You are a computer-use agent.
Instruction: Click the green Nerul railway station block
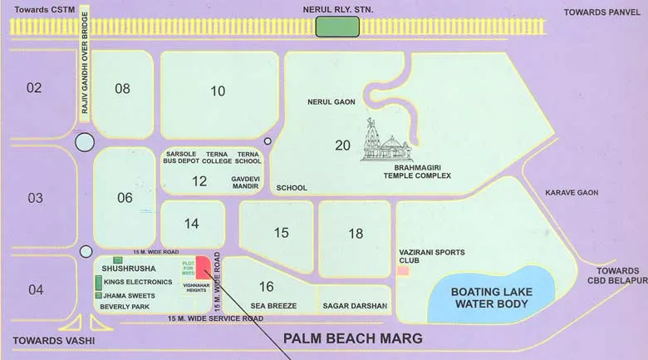pos(337,27)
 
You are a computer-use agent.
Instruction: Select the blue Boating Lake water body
pos(490,297)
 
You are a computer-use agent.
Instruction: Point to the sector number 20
pos(342,145)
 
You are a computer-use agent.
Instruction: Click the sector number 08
pos(122,89)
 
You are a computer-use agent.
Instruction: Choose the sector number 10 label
pos(218,91)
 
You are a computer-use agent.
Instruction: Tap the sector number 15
pos(281,233)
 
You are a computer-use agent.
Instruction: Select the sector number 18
pos(356,234)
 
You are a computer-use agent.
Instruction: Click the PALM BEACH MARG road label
pos(353,338)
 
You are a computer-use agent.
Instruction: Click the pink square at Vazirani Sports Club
pos(403,271)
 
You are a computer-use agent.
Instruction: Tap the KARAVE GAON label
pos(572,193)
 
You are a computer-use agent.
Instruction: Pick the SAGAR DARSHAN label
pos(355,306)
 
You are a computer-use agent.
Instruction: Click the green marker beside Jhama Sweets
pos(98,295)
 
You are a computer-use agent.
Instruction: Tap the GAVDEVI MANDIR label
pos(246,183)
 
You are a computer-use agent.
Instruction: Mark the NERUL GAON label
pos(331,102)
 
